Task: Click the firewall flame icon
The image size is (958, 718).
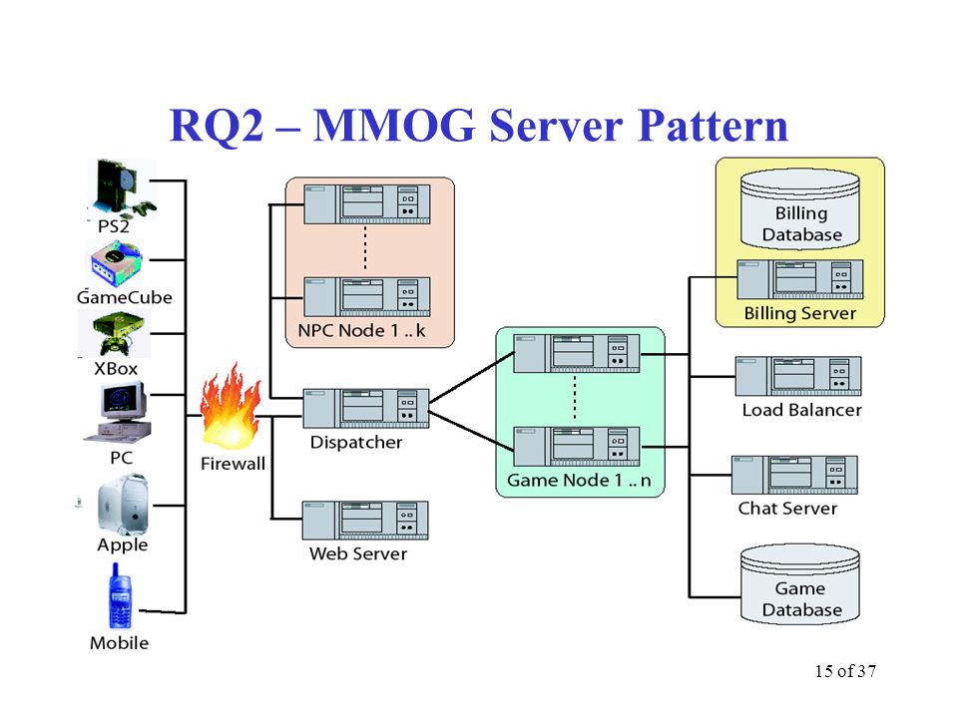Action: [x=231, y=406]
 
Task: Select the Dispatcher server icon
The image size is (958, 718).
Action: [x=366, y=409]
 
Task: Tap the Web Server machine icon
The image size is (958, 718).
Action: [x=365, y=521]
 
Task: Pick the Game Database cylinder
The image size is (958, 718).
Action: [x=799, y=584]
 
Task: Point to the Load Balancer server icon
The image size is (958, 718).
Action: [x=798, y=376]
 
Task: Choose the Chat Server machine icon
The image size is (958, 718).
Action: [x=795, y=475]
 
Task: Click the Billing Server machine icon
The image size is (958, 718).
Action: [x=800, y=279]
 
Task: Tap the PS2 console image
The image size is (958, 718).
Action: [x=123, y=188]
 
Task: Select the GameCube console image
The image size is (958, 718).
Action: [x=118, y=263]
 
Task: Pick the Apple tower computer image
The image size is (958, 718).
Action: [x=123, y=504]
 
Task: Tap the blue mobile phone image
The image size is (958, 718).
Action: [x=121, y=596]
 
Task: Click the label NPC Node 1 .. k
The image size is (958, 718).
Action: [x=361, y=331]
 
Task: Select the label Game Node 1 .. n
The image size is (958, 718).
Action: [x=579, y=481]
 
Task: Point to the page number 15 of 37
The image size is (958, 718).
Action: [x=845, y=671]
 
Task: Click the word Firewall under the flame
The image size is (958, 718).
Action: [x=233, y=464]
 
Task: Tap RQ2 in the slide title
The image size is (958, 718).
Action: [x=216, y=126]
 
